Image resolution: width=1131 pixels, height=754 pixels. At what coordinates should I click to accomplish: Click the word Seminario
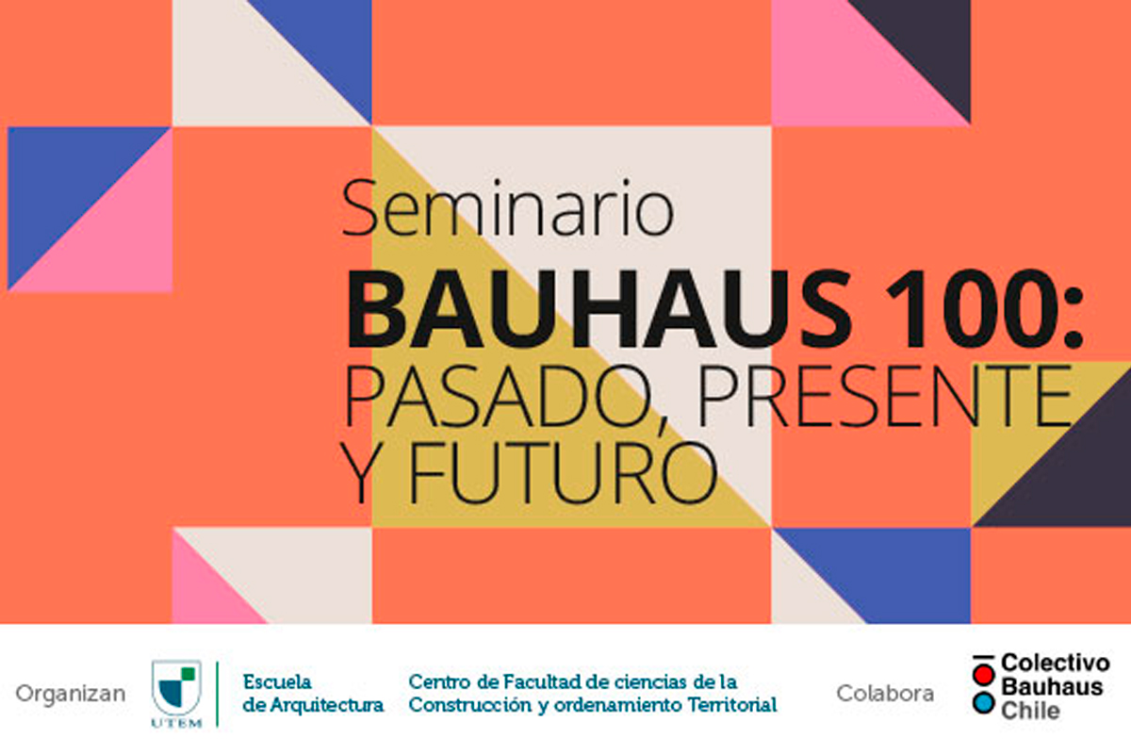508,208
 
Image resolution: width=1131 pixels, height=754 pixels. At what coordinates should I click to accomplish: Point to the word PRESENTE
886,396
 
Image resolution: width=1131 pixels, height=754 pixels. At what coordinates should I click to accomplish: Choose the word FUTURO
563,472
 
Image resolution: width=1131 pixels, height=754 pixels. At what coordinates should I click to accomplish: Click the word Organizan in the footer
71,695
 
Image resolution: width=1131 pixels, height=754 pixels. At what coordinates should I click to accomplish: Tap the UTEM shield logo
177,694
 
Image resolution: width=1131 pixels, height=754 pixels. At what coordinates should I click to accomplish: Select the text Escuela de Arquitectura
313,694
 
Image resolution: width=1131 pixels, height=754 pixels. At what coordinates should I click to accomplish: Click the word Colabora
885,694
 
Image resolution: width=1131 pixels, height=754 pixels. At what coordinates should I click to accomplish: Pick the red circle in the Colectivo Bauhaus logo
984,675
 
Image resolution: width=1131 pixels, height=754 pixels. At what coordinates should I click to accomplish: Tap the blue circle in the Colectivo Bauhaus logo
984,703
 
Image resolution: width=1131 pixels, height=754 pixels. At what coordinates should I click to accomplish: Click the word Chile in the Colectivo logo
1030,711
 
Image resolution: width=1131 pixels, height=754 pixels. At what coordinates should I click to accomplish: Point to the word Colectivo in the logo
1056,664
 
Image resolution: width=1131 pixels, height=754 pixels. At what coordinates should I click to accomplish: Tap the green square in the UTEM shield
188,674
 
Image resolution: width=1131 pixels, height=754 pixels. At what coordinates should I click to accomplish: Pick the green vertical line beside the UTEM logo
217,694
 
